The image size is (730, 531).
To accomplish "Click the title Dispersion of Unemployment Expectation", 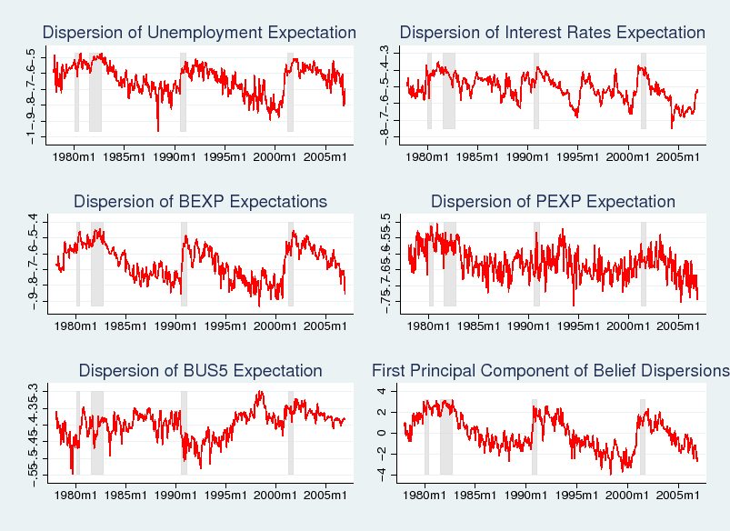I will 199,33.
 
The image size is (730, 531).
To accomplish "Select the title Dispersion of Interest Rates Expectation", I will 552,33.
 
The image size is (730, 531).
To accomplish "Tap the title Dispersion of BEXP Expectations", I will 200,201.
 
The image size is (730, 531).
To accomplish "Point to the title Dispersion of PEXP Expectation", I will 553,201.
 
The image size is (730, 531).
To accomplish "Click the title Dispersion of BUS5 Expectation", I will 200,370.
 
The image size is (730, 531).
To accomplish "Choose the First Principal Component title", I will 551,370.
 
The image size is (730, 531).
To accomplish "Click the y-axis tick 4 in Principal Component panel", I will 382,391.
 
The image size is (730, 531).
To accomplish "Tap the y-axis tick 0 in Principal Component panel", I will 382,433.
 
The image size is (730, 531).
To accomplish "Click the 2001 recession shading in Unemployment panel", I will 290,91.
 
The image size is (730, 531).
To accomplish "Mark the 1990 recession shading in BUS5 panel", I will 184,432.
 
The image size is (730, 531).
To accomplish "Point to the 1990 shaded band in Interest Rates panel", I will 536,91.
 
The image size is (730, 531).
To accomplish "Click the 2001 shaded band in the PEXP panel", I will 644,264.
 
